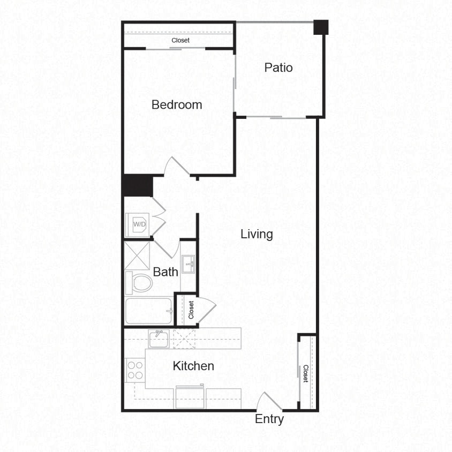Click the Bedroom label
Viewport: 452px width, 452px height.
(177, 104)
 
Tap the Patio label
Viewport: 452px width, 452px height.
(278, 68)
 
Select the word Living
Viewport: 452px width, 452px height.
(257, 234)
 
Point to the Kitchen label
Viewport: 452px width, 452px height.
(193, 366)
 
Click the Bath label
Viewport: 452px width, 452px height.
(165, 272)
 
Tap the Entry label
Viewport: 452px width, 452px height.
(269, 419)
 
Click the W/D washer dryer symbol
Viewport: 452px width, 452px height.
(139, 224)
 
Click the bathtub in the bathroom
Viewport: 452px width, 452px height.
(149, 311)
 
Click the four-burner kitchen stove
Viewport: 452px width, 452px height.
(135, 370)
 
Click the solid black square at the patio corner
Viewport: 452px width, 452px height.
(321, 27)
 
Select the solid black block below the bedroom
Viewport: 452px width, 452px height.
(138, 186)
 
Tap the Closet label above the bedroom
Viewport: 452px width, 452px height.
(180, 40)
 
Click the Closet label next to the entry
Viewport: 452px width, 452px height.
(305, 373)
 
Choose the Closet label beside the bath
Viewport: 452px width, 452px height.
(191, 310)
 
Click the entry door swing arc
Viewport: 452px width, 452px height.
(268, 402)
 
